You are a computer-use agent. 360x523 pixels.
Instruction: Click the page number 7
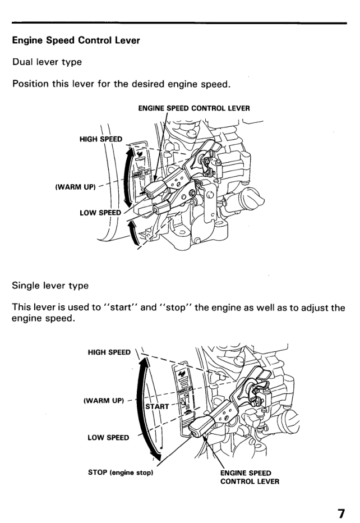pos(340,513)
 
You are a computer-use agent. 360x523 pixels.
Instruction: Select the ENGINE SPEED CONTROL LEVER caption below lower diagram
pos(247,477)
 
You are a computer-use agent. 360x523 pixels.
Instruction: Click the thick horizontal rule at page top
pos(180,23)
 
